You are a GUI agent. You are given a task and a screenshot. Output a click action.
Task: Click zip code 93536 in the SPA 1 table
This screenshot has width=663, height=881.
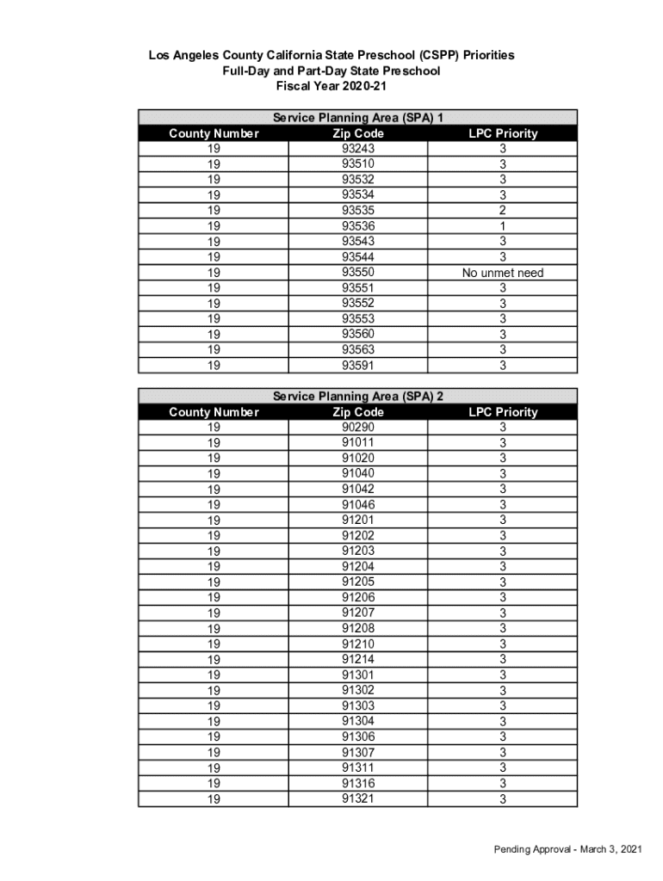358,226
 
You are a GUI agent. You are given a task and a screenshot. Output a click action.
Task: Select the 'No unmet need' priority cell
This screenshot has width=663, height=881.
503,273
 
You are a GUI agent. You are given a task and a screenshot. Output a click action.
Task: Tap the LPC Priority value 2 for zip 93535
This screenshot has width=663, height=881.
503,211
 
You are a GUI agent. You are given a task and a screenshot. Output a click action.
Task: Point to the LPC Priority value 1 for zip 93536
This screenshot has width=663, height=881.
503,226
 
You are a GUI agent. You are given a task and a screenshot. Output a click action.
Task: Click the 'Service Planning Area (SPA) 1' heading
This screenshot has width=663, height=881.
357,118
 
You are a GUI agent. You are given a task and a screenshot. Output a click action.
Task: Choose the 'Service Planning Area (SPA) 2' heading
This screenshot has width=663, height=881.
357,397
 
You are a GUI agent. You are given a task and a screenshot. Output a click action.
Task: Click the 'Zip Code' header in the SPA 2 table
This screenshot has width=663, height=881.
358,412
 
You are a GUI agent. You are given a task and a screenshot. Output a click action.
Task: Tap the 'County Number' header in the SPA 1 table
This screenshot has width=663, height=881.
214,133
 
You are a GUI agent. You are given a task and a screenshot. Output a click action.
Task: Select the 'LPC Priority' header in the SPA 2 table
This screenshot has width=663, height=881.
503,412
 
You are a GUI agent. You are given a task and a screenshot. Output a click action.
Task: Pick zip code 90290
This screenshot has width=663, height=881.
358,428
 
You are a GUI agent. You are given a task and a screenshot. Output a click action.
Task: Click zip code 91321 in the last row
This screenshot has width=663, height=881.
358,798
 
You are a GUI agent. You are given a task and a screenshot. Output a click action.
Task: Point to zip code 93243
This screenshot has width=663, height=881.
358,149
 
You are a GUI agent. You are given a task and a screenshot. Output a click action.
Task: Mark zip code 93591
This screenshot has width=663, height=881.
358,366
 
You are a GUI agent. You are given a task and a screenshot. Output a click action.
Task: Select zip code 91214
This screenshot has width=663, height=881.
358,659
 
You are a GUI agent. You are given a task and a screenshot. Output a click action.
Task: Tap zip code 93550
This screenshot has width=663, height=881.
358,273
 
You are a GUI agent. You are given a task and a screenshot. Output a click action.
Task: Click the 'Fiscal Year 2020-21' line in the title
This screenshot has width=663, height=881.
331,86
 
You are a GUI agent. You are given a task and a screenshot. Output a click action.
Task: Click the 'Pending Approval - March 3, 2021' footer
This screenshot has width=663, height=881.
567,850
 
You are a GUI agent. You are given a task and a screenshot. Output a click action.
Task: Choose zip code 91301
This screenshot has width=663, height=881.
358,675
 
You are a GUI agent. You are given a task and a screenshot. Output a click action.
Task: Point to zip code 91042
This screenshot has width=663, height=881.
358,490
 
